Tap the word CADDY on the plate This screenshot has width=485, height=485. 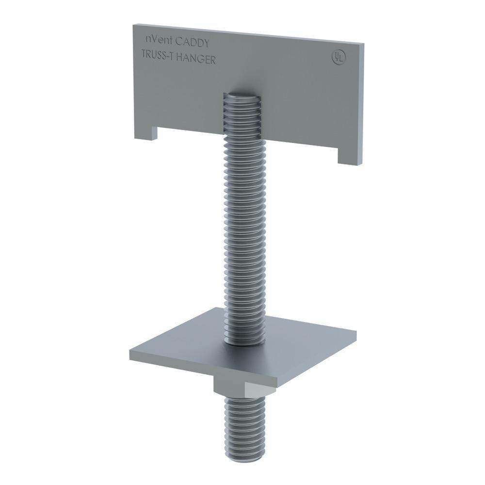pos(193,43)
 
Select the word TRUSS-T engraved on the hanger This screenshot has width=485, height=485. pos(157,55)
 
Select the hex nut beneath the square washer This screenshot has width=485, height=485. pos(231,386)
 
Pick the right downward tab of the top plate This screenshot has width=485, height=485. pos(349,157)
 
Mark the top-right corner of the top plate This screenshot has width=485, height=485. pos(363,44)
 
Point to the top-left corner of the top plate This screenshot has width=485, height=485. pos(134,25)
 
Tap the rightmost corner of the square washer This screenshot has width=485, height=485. pos(356,333)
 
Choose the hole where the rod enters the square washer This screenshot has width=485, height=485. pos(245,342)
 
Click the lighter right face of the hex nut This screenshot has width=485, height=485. pos(259,388)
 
